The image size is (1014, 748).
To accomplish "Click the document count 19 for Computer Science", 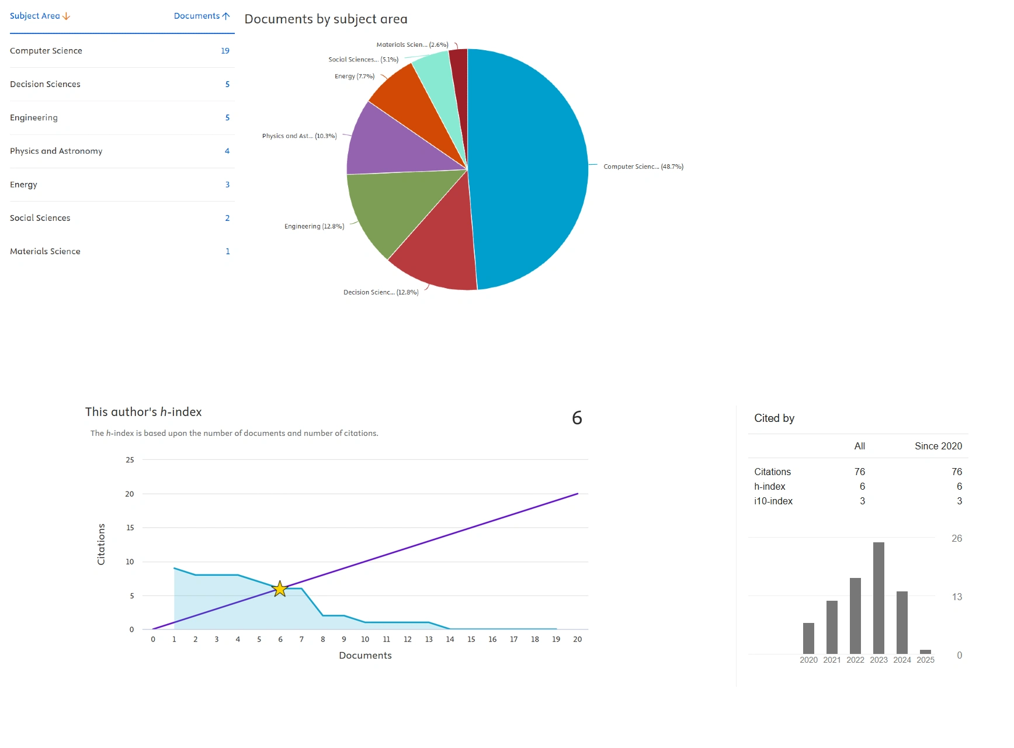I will [x=225, y=51].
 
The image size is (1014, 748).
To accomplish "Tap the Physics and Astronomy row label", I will [x=56, y=151].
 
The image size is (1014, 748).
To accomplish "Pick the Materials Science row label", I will [x=45, y=251].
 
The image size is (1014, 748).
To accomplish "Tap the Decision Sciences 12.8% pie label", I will [x=381, y=292].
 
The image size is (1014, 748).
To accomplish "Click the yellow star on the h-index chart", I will [x=280, y=588].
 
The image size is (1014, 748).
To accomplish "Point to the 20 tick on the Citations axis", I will [x=130, y=494].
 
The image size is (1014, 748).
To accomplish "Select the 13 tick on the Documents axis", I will [x=429, y=639].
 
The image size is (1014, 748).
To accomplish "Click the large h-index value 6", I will [x=577, y=418].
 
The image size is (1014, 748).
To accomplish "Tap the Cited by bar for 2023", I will [x=878, y=598].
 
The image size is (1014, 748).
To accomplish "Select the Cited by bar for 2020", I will [x=808, y=638].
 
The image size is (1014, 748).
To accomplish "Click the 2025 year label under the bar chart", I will [x=925, y=660].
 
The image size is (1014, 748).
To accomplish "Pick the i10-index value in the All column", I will [x=862, y=501].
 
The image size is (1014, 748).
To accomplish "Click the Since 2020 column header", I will [x=938, y=446].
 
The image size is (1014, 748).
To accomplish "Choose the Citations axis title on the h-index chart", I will [x=101, y=544].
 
